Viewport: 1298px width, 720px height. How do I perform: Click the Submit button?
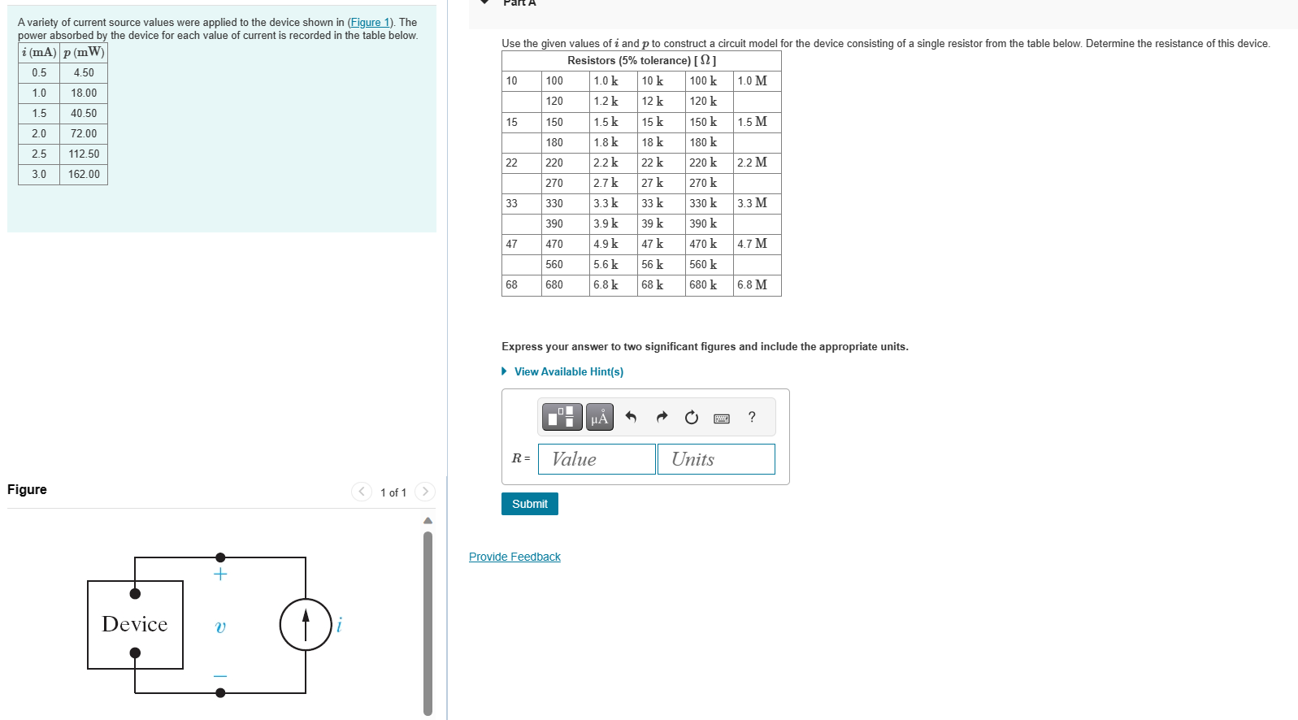(529, 504)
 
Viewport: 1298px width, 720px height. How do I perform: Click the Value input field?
(597, 459)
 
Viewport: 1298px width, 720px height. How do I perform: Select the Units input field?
(715, 459)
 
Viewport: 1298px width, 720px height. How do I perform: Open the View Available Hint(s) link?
(568, 371)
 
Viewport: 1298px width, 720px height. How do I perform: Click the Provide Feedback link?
(514, 557)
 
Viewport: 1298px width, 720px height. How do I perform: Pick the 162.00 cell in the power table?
(84, 174)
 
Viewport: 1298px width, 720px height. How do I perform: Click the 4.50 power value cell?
(84, 72)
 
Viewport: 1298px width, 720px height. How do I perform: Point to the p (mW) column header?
(84, 52)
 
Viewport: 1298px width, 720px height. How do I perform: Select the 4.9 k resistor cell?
(613, 244)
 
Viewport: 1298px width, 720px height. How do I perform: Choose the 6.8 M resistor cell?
(756, 284)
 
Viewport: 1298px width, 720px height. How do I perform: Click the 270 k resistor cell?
(709, 183)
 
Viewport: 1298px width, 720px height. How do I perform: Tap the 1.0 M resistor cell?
(756, 80)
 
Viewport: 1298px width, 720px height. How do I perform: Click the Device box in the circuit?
(135, 624)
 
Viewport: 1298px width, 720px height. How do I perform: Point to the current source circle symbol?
(306, 624)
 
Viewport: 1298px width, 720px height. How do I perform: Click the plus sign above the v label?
(220, 575)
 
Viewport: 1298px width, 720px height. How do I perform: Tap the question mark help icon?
(752, 417)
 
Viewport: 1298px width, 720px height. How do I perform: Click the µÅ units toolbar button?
(600, 418)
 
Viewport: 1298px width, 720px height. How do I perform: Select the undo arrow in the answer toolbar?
(631, 417)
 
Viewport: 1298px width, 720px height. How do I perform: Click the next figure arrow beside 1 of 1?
(425, 492)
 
